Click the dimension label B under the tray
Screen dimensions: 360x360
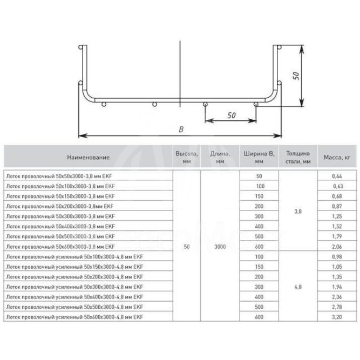tap(181, 130)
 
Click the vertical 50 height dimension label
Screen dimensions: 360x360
tap(296, 76)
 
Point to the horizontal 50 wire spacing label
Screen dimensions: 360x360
tap(232, 116)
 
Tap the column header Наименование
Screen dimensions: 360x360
tap(88, 158)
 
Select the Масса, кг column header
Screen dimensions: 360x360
tap(337, 158)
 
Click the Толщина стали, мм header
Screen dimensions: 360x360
tap(298, 158)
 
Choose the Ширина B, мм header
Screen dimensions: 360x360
tap(259, 158)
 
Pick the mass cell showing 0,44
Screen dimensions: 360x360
tap(337, 176)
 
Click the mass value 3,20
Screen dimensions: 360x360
tap(337, 317)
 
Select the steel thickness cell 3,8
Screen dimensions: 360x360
tap(298, 212)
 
